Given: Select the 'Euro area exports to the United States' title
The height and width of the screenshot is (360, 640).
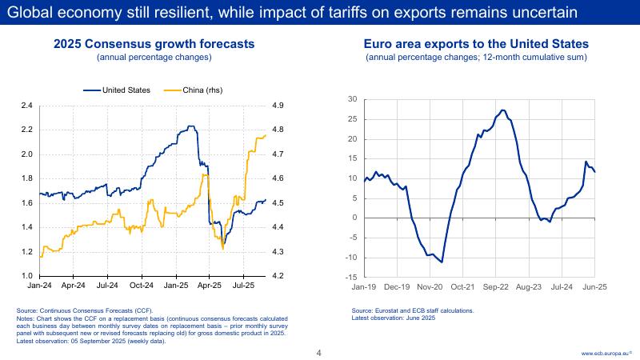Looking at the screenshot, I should coord(477,46).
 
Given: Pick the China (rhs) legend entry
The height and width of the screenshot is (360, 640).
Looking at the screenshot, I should coord(196,90).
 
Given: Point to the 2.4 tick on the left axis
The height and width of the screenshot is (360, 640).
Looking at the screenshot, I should coord(26,106).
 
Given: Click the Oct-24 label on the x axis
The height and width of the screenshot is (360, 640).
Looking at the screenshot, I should coord(142,285).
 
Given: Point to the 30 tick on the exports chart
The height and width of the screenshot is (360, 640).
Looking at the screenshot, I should coord(353,99).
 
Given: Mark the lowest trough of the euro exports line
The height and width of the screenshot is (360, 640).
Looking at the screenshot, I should coord(442,262).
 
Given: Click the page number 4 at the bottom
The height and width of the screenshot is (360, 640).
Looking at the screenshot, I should coord(319,353).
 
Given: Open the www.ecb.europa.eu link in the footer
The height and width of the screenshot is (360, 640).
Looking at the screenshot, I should coord(606,353).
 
